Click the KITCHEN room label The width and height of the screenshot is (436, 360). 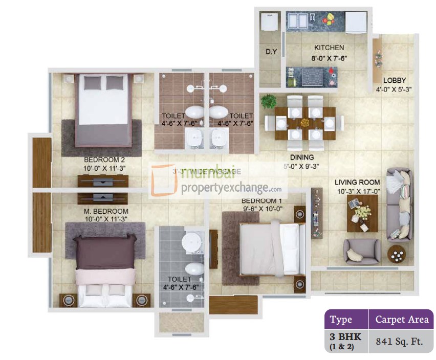[x=329, y=48]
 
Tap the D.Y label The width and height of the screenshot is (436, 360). [x=271, y=52]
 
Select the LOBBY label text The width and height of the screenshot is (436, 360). [x=394, y=80]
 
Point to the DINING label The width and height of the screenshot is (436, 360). [x=301, y=157]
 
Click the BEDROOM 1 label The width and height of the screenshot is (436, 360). [x=261, y=200]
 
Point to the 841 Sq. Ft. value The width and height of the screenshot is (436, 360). [x=400, y=341]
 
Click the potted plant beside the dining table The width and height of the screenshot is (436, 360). [x=269, y=101]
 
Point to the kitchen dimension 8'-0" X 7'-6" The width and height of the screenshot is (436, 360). [x=329, y=58]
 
